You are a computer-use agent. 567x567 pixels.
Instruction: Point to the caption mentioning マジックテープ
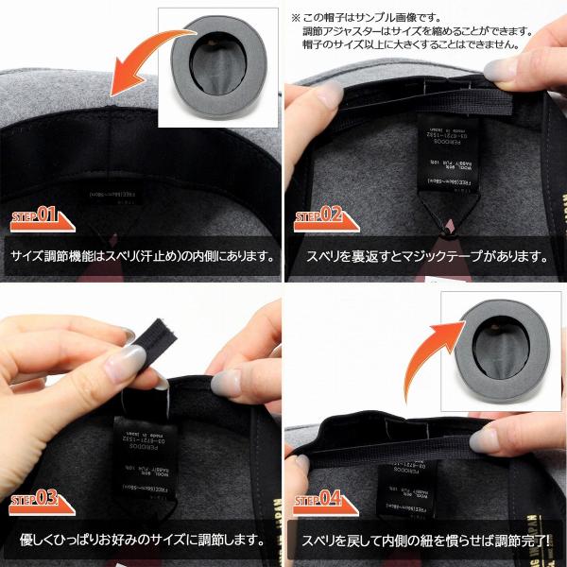(426, 256)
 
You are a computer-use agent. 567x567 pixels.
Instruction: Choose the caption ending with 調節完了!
(426, 541)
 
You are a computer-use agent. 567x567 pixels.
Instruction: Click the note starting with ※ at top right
(426, 30)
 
